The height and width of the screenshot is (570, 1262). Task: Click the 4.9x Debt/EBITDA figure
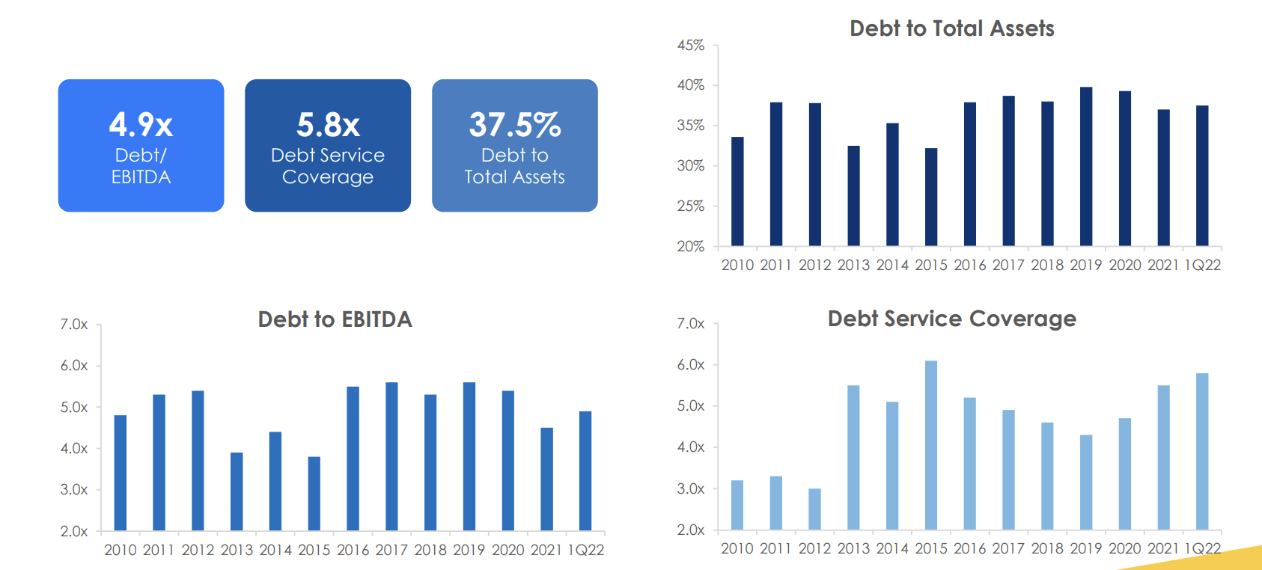[141, 125]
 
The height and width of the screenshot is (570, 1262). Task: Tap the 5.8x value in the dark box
[328, 125]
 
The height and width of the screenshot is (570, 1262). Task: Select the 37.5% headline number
[514, 125]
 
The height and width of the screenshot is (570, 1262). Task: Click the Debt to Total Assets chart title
[951, 28]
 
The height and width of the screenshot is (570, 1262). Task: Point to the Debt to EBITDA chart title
[335, 319]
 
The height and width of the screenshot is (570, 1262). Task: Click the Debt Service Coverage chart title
[951, 319]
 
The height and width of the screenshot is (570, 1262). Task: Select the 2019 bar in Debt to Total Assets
[1086, 167]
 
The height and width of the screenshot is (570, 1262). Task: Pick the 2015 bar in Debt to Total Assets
[931, 197]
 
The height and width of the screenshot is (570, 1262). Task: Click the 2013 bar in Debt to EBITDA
[237, 491]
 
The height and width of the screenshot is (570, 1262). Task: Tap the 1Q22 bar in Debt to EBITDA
[585, 471]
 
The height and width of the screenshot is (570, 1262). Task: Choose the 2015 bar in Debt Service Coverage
[931, 445]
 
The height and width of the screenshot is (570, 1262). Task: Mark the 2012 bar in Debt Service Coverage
[814, 509]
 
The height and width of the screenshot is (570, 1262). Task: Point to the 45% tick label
[690, 46]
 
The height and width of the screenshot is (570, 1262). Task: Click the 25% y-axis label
[690, 206]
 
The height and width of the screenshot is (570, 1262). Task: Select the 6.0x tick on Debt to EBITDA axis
[74, 366]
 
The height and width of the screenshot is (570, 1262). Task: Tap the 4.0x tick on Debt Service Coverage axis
[690, 447]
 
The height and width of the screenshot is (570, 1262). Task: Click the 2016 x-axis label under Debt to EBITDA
[353, 550]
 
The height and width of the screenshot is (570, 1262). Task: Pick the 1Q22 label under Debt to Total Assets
[1203, 265]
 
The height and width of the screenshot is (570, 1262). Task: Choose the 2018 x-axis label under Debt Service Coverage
[1047, 548]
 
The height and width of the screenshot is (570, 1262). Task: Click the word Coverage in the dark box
[328, 177]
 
